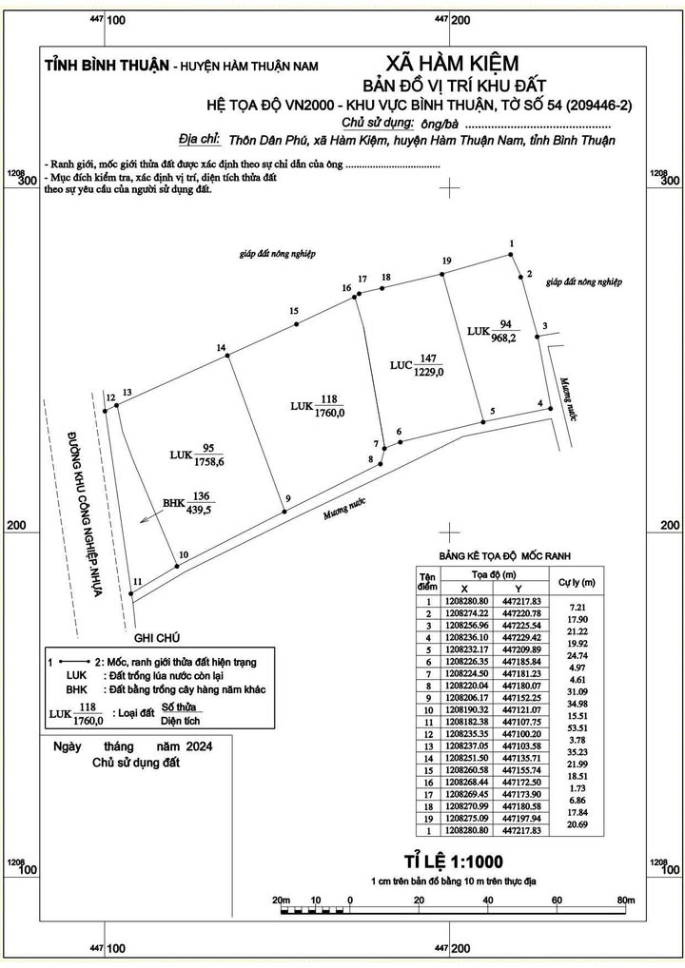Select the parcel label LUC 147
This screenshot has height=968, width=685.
tap(417, 365)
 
